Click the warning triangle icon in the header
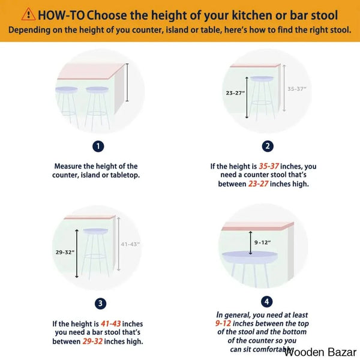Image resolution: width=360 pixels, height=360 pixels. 28,14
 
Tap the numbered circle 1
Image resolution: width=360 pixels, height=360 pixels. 98,146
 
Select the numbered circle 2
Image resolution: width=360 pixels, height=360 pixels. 268,146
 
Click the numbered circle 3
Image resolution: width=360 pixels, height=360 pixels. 100,304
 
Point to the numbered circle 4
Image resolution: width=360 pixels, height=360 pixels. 267,301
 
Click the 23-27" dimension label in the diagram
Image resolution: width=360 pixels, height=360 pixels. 235,93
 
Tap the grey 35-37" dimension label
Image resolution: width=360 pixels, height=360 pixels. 297,89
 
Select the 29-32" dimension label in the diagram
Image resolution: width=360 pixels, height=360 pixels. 65,253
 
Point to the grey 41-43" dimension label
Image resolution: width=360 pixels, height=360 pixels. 130,244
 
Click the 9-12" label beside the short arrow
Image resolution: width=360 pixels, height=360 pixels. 262,242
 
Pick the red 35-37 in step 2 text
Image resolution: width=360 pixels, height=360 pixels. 269,166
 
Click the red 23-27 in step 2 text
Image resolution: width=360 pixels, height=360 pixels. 258,184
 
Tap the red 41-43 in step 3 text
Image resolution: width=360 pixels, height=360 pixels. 110,324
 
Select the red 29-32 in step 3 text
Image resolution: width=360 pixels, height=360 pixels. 92,341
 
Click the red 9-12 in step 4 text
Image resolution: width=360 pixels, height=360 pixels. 223,323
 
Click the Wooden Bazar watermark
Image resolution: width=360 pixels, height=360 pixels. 320,352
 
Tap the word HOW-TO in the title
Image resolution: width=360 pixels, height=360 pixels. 61,16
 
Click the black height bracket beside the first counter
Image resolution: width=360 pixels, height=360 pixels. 127,82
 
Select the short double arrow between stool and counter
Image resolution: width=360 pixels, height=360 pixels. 250,243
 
